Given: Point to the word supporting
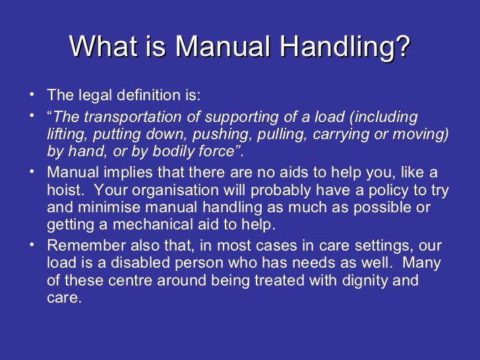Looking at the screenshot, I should pos(238,117).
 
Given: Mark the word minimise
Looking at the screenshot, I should pos(100,208).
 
